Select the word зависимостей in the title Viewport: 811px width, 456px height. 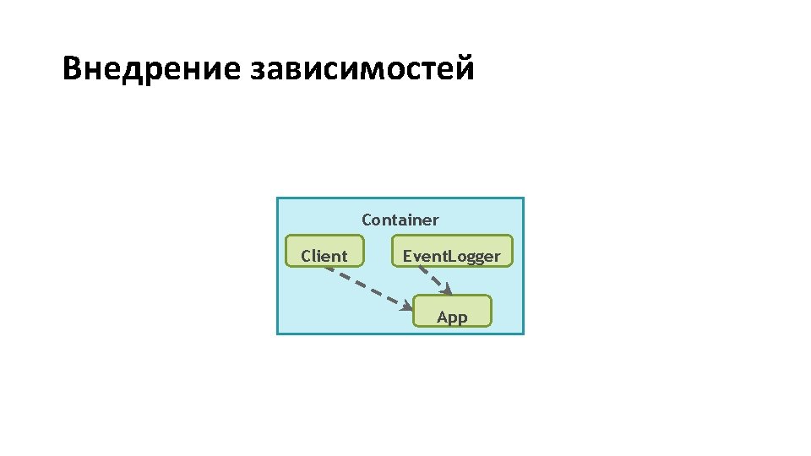362,68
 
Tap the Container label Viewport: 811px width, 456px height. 400,220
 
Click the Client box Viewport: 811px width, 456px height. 324,252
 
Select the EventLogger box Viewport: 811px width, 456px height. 452,252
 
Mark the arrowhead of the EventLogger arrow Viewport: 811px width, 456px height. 447,290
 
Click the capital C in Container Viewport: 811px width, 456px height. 367,220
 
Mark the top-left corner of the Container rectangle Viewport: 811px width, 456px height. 278,198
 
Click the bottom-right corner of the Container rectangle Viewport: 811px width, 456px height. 523,334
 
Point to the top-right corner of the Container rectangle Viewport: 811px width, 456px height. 523,198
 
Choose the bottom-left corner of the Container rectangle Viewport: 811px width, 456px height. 278,334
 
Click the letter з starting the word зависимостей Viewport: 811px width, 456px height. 257,69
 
